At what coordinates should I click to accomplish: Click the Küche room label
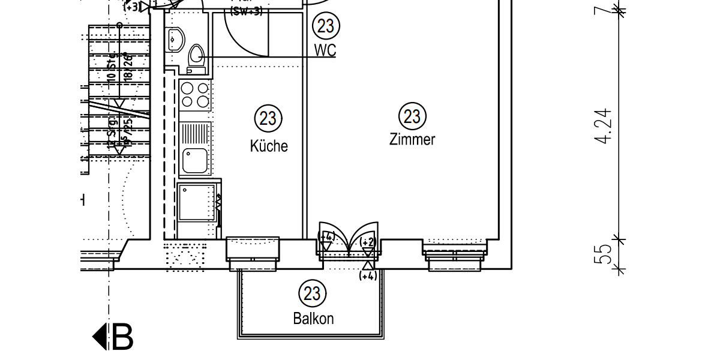point(269,146)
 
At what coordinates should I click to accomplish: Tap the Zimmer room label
point(412,140)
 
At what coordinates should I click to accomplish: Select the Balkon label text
point(313,319)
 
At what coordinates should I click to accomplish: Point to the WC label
point(325,50)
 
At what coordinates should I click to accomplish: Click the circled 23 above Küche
point(268,118)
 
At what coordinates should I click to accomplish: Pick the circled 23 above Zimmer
point(412,115)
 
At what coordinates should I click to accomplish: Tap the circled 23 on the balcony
point(312,293)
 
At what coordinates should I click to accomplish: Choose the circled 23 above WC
point(326,26)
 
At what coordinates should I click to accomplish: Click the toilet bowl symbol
point(196,56)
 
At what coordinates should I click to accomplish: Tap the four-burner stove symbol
point(195,95)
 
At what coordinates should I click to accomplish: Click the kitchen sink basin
point(195,160)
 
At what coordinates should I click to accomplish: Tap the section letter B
point(122,337)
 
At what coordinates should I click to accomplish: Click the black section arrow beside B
point(100,337)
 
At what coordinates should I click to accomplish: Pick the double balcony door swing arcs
point(349,237)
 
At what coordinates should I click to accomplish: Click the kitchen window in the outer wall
point(252,248)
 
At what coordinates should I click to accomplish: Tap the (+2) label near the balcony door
point(368,242)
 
